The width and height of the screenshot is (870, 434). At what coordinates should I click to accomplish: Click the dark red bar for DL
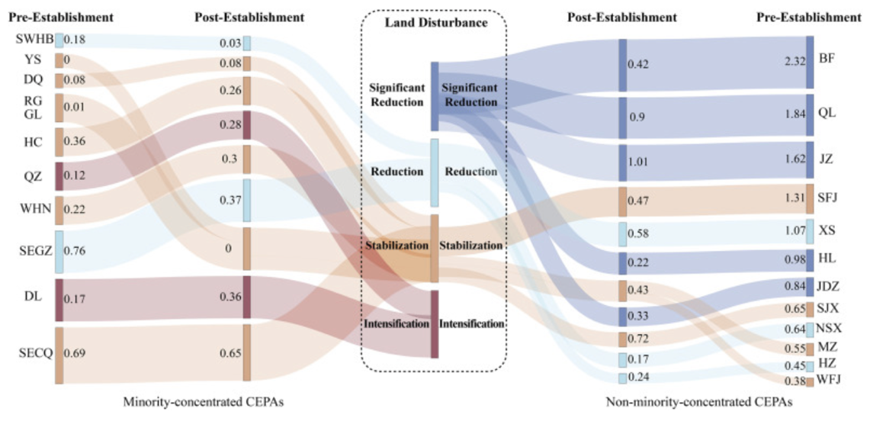pos(59,298)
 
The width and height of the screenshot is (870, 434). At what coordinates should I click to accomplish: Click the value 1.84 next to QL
pos(793,113)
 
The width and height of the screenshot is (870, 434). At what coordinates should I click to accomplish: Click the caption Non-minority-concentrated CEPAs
pos(698,402)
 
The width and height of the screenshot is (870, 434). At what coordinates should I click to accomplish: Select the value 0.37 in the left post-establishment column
pos(230,201)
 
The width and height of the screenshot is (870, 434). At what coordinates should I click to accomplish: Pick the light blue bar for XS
pos(810,230)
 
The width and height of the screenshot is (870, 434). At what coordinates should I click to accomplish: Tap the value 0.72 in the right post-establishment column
pos(638,337)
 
